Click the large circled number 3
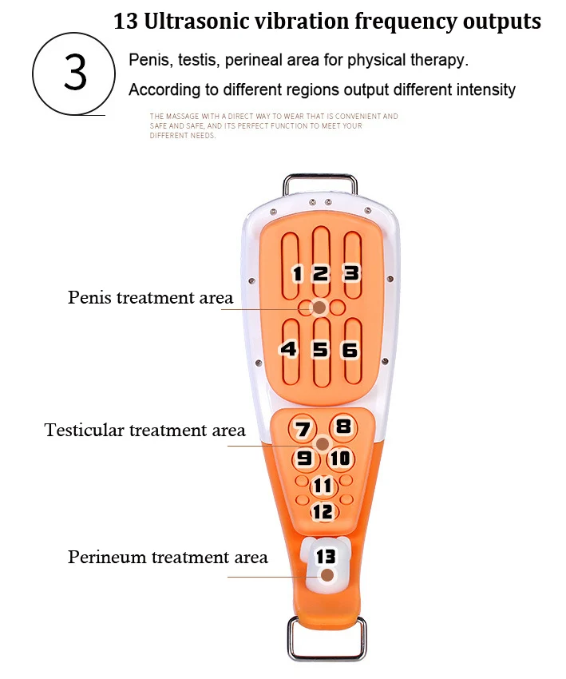tap(74, 73)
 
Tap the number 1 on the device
tap(297, 274)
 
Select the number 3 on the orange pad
tap(351, 273)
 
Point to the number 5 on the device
tap(320, 349)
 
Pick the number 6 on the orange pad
tap(350, 350)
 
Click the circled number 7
tap(303, 429)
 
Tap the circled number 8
tap(343, 427)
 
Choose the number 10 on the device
tap(340, 459)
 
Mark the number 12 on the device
tap(323, 511)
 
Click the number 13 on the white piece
tap(326, 557)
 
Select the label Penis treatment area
tap(151, 297)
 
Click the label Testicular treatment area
tap(145, 430)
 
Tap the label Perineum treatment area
tap(168, 557)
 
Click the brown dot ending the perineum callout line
tap(327, 575)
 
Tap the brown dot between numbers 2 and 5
tap(319, 308)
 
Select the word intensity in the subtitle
tap(487, 89)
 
